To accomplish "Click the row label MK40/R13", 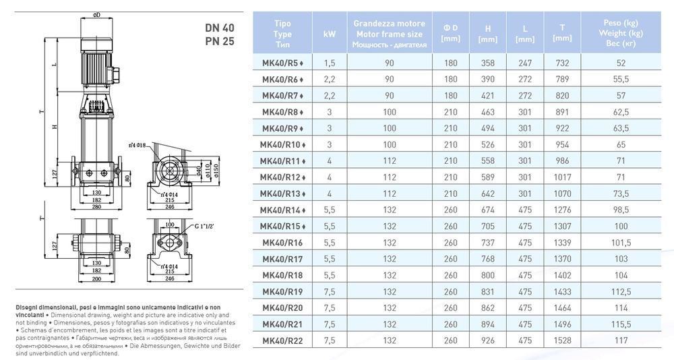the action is [x=282, y=193].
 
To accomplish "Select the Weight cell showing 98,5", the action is [x=621, y=210].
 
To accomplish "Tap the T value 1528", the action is [x=562, y=340].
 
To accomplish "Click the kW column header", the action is [x=330, y=34].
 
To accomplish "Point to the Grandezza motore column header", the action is [x=390, y=24].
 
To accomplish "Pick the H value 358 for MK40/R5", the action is [x=488, y=63].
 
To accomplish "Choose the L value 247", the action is [x=525, y=63].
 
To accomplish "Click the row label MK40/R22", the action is [x=282, y=341].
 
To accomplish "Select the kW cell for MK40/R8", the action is [x=330, y=113].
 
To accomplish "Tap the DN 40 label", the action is [x=220, y=28].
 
